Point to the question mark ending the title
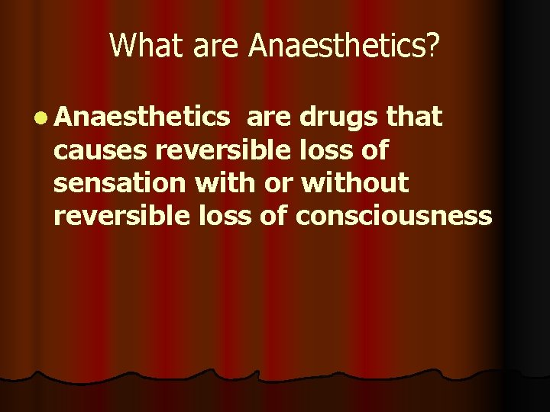(433, 46)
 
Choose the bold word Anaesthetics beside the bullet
(142, 117)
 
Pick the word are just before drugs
(270, 118)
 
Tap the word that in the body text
(415, 117)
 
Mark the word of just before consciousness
(270, 217)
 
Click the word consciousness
(393, 217)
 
